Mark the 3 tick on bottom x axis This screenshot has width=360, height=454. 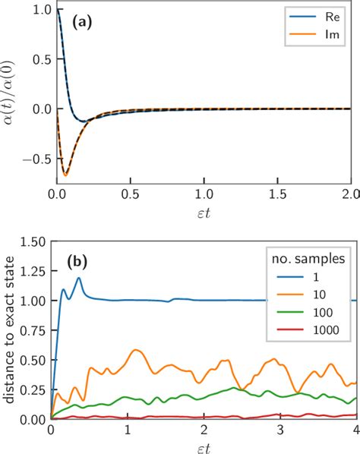280,430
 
